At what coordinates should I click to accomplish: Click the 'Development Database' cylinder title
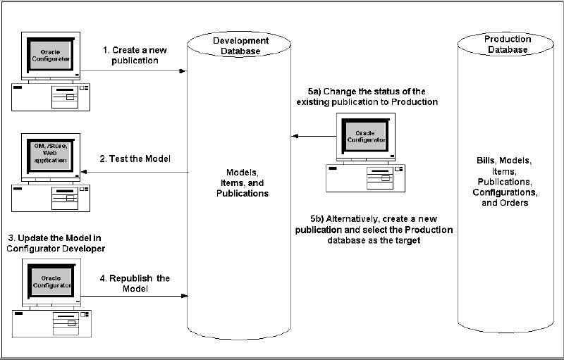point(237,46)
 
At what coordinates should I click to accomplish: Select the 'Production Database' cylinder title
point(508,44)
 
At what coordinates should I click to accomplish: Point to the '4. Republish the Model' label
point(135,283)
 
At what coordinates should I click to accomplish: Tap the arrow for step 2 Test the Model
point(134,172)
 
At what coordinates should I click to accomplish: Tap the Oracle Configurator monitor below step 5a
point(363,135)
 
